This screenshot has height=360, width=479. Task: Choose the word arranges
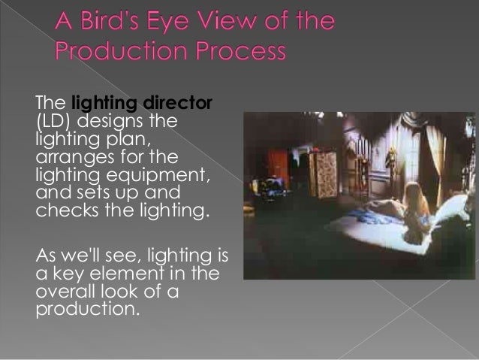pyautogui.click(x=74, y=157)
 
